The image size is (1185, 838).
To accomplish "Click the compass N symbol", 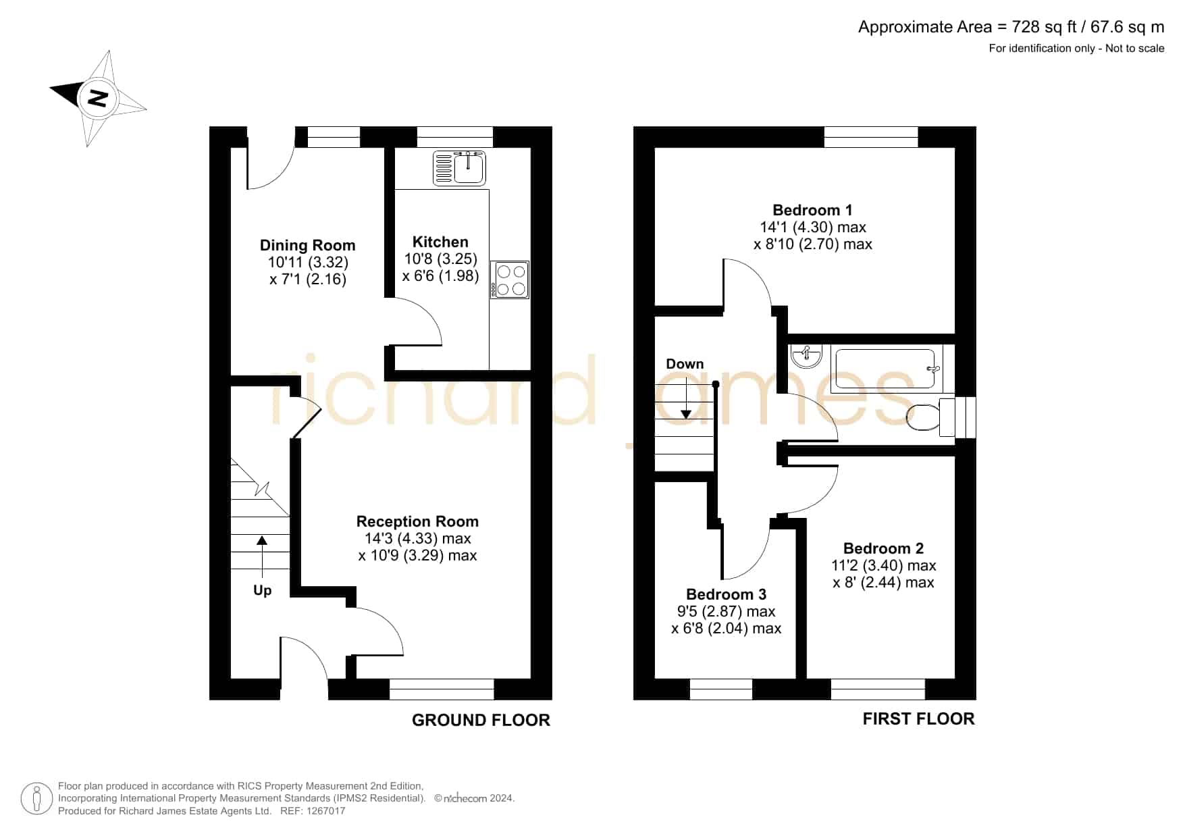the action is [99, 98].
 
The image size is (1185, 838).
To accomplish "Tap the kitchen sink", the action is [459, 168].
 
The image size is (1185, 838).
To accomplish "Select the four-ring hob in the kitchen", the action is [510, 280].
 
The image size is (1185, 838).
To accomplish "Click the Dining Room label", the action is [307, 245].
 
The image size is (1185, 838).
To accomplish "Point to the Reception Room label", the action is [417, 521].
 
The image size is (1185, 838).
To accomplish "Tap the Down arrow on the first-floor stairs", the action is [686, 398].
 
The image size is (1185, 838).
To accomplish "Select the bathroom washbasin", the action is [806, 357].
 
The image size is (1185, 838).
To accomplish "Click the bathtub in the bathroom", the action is [887, 369].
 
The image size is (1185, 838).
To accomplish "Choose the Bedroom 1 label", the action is [812, 210].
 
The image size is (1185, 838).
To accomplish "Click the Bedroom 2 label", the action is [883, 548].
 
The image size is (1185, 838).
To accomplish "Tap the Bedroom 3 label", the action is [726, 594].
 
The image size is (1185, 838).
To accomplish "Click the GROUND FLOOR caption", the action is [481, 721].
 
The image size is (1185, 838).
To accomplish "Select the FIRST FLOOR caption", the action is [918, 719].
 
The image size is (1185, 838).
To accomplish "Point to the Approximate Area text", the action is [1011, 27].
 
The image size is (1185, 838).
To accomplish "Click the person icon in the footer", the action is [36, 799].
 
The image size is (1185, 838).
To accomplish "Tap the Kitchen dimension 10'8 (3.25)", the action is [440, 259].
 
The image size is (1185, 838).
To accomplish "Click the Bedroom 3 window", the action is [720, 689].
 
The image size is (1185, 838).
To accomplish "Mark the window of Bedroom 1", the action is [871, 137].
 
